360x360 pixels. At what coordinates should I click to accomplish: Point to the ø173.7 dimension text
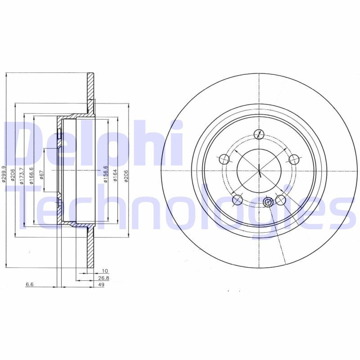click(x=22, y=175)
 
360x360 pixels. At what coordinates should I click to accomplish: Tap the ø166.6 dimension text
click(x=31, y=175)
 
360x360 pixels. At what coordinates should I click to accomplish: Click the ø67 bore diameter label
click(x=41, y=175)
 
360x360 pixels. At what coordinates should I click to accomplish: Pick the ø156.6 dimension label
click(x=105, y=174)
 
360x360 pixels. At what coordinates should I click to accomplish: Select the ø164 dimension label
click(x=115, y=175)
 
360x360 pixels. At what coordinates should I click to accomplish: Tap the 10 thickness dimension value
click(x=105, y=271)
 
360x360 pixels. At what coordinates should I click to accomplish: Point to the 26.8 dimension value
click(x=103, y=278)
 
